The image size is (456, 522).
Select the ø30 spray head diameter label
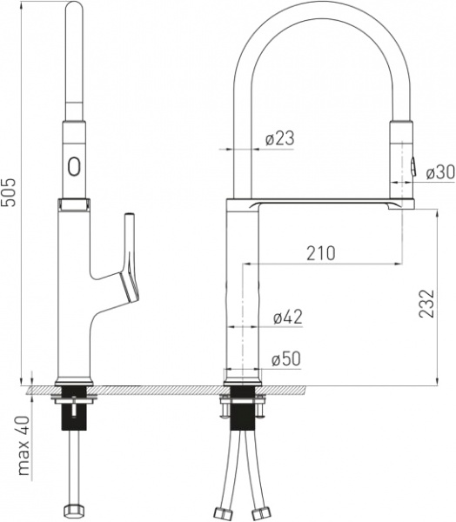tap(440, 173)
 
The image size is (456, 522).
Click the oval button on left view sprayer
tap(74, 164)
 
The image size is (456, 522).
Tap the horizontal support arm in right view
tap(331, 204)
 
